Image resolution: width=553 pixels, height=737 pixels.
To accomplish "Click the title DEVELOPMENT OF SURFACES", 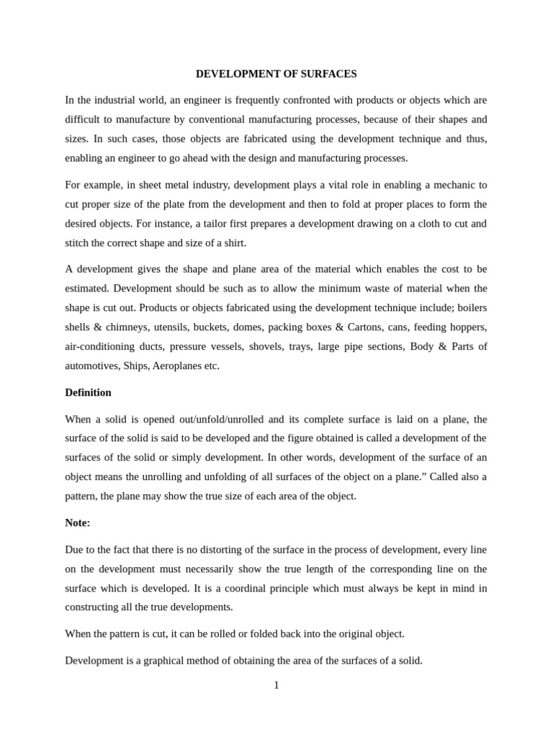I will pos(276,74).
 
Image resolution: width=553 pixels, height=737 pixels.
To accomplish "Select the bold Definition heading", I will pos(88,392).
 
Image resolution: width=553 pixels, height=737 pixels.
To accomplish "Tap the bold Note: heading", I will pos(78,523).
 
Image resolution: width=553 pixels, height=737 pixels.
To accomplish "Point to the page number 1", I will pos(276,685).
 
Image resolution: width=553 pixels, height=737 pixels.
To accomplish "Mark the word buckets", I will pos(210,327).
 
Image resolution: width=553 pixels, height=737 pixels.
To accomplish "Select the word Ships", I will pos(135,366).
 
